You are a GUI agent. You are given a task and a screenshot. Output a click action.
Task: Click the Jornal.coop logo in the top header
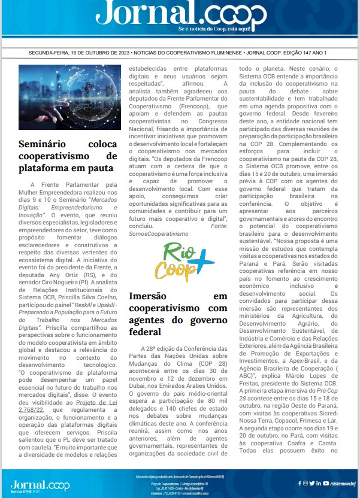pyautogui.click(x=179, y=14)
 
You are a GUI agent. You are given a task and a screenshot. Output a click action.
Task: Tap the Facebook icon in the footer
pyautogui.click(x=300, y=482)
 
